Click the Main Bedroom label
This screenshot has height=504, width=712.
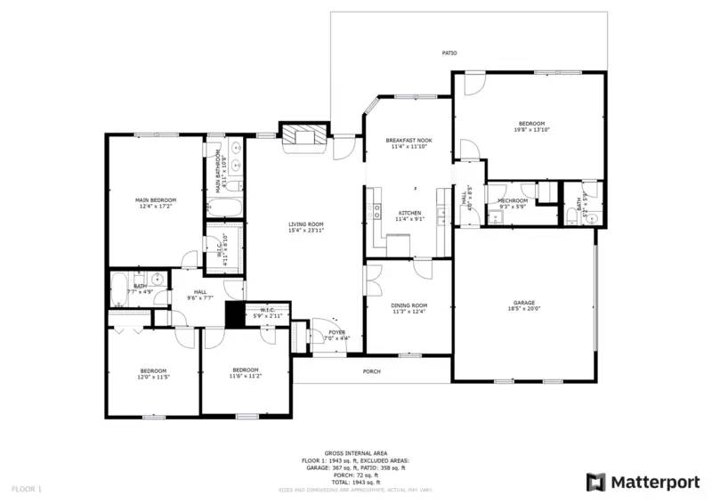(156, 199)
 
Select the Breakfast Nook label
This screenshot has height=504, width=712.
(409, 141)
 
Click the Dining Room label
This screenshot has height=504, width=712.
(409, 305)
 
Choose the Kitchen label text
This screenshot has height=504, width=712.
(409, 212)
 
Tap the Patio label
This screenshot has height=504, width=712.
(450, 53)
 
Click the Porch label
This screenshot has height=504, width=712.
(372, 371)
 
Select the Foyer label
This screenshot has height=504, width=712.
(336, 332)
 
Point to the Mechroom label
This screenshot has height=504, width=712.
(513, 200)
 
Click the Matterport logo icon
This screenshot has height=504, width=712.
(595, 482)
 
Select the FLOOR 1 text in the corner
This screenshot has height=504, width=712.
(26, 488)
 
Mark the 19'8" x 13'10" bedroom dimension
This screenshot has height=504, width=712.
(532, 130)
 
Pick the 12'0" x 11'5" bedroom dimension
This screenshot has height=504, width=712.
(152, 377)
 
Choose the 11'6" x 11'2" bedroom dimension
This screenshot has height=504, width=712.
(245, 377)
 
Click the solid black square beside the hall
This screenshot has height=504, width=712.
(235, 315)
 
